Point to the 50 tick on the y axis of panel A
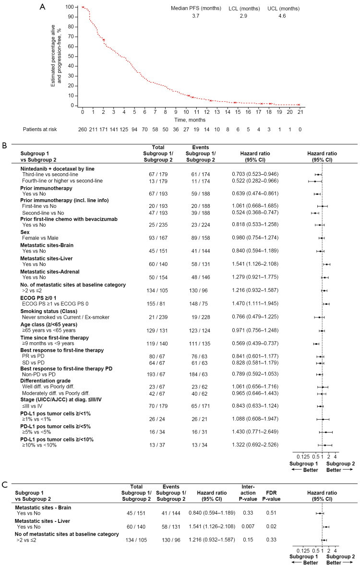[x=72, y=56]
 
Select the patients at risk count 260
[x=83, y=129]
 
